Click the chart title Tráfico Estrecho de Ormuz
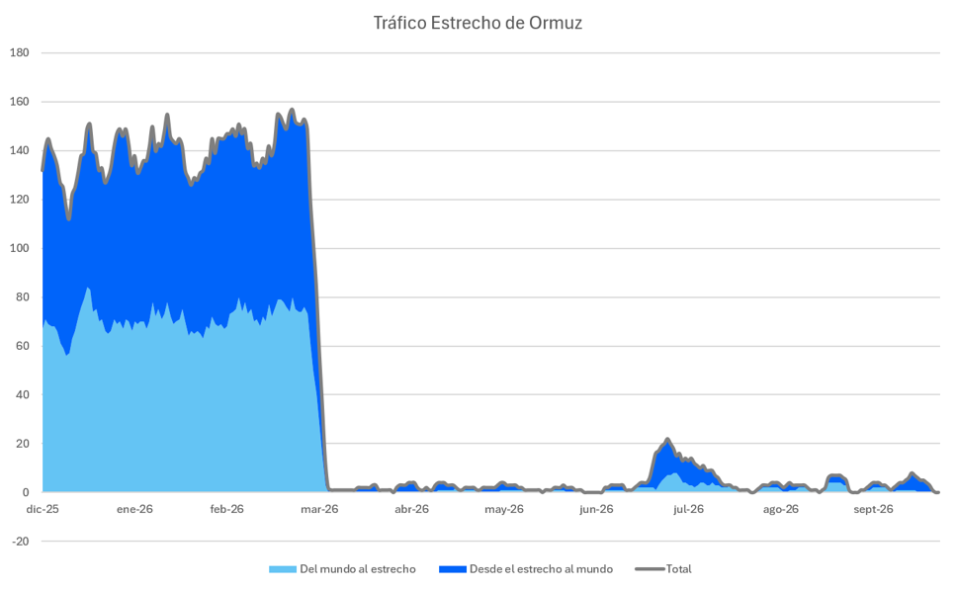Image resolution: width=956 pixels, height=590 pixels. (478, 23)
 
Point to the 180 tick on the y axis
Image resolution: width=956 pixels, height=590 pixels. (20, 53)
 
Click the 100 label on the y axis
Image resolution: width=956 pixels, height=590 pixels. (20, 249)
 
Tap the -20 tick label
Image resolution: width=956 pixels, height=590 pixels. (21, 542)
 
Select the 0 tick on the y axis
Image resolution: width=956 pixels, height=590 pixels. (26, 492)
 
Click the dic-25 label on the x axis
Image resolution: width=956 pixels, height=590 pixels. (43, 510)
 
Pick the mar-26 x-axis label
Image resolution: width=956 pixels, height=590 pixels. (319, 510)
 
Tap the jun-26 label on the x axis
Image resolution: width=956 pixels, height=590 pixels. (596, 510)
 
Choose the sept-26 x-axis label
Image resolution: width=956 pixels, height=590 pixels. (873, 510)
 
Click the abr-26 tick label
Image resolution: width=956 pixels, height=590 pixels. (411, 510)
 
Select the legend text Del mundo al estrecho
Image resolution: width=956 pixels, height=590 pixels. (357, 569)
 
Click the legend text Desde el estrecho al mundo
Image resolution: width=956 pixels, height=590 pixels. (541, 569)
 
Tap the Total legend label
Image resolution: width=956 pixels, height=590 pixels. (678, 569)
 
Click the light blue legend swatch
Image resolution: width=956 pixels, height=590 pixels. (283, 569)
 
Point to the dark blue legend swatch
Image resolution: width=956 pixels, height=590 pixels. (453, 569)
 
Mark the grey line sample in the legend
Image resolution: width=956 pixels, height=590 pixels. (650, 569)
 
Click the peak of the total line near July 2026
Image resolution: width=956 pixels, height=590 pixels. (667, 439)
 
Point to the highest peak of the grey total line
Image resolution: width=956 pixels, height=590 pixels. (292, 110)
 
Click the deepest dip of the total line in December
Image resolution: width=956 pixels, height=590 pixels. (69, 219)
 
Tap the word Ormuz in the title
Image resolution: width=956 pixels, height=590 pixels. (556, 23)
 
